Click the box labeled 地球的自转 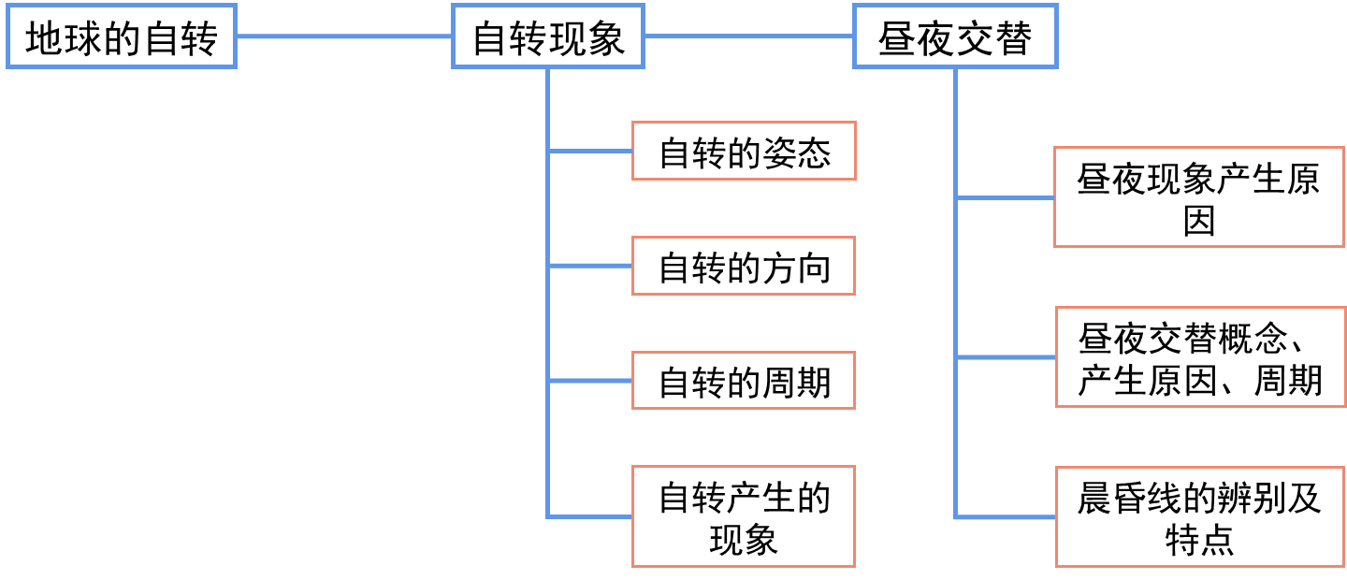[122, 37]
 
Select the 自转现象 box [548, 37]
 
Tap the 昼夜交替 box [955, 37]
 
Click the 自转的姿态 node [744, 152]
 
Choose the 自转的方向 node [744, 268]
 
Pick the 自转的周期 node [744, 381]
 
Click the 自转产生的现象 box [744, 516]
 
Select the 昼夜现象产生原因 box [1199, 197]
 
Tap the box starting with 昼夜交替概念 [1199, 356]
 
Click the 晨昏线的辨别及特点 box [1199, 516]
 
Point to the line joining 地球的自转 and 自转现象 [343, 36]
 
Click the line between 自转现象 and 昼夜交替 [748, 36]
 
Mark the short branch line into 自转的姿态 [590, 151]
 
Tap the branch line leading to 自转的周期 [590, 381]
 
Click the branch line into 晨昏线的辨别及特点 [1005, 516]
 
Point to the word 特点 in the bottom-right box [1199, 541]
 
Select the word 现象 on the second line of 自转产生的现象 [744, 541]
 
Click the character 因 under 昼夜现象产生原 [1199, 222]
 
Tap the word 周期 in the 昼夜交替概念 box [1288, 381]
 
